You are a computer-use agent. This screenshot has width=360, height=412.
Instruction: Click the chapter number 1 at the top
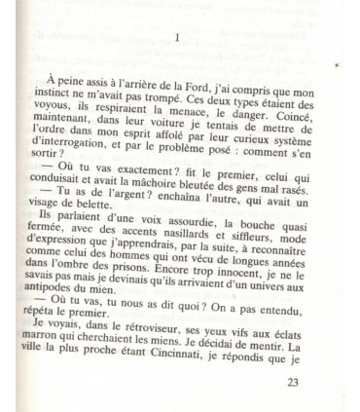[x=176, y=37]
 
